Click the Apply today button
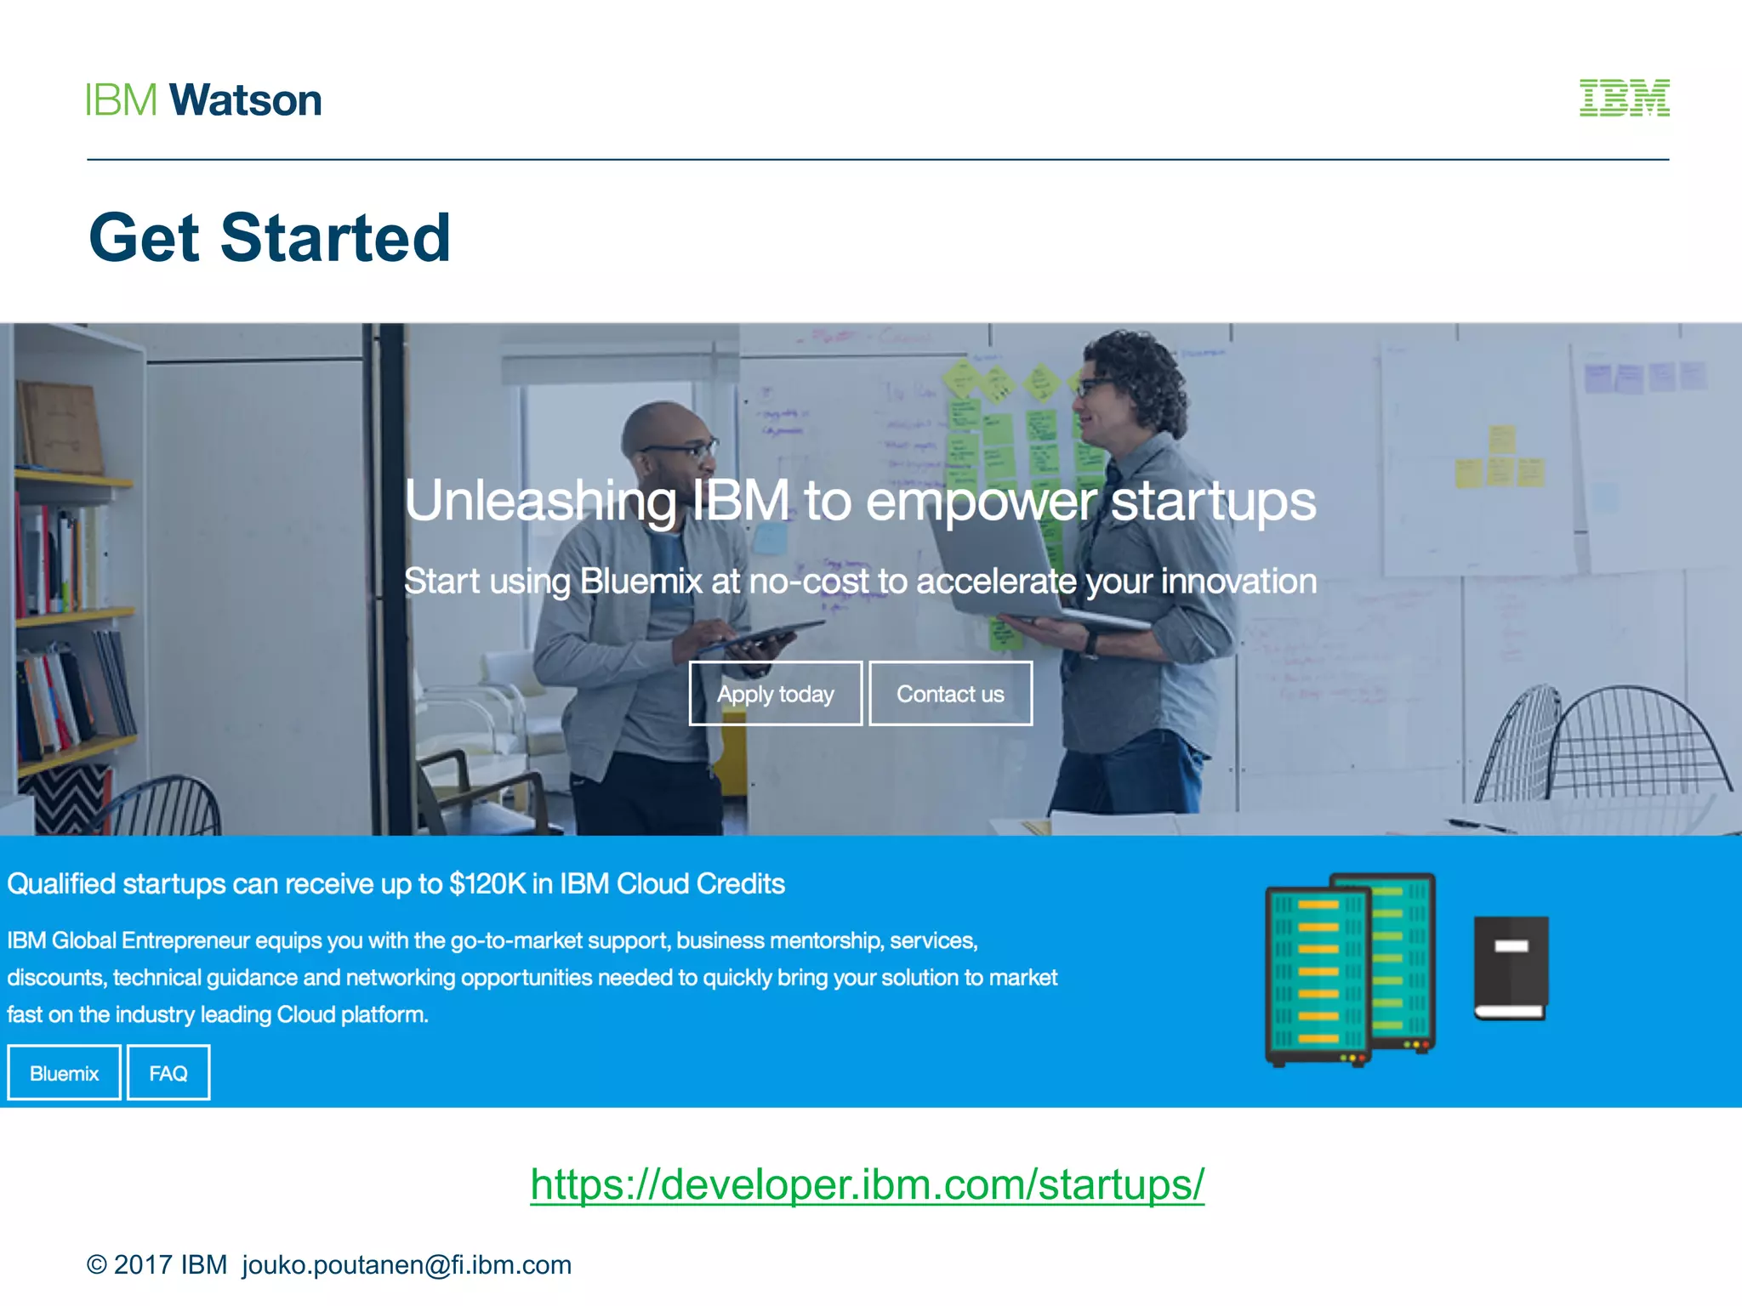pyautogui.click(x=775, y=693)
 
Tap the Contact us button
pyautogui.click(x=950, y=693)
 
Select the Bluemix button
pyautogui.click(x=65, y=1073)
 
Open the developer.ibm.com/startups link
pyautogui.click(x=867, y=1184)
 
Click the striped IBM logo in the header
pyautogui.click(x=1624, y=98)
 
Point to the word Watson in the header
pyautogui.click(x=246, y=100)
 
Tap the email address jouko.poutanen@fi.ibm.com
pyautogui.click(x=407, y=1264)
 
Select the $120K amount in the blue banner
pyautogui.click(x=487, y=884)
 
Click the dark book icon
pyautogui.click(x=1511, y=968)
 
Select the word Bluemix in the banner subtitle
pyautogui.click(x=640, y=582)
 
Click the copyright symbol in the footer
pyautogui.click(x=96, y=1265)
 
